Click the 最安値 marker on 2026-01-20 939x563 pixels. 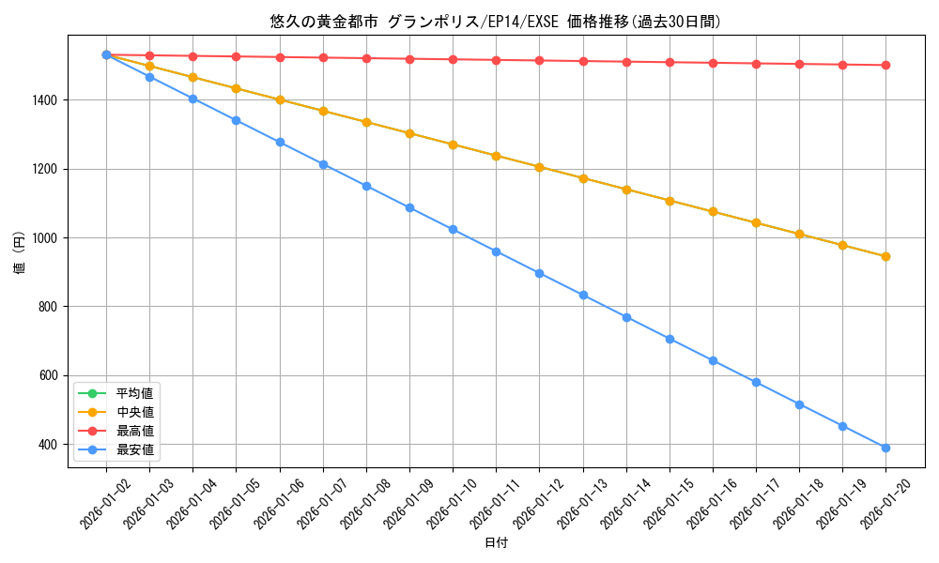[885, 448]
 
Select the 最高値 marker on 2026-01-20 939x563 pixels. [885, 65]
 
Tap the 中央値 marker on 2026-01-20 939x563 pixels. [885, 256]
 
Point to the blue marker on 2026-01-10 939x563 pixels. [453, 229]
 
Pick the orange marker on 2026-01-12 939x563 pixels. [539, 167]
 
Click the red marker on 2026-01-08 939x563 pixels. [366, 58]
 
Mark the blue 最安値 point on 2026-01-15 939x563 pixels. [670, 339]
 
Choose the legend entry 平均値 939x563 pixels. [134, 392]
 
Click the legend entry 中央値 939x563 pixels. [134, 411]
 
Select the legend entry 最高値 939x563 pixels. [134, 431]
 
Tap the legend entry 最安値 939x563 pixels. [134, 449]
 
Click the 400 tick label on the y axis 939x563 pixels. [48, 445]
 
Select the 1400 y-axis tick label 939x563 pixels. [44, 100]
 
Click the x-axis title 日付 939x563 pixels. [496, 543]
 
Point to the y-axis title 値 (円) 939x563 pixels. [19, 254]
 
